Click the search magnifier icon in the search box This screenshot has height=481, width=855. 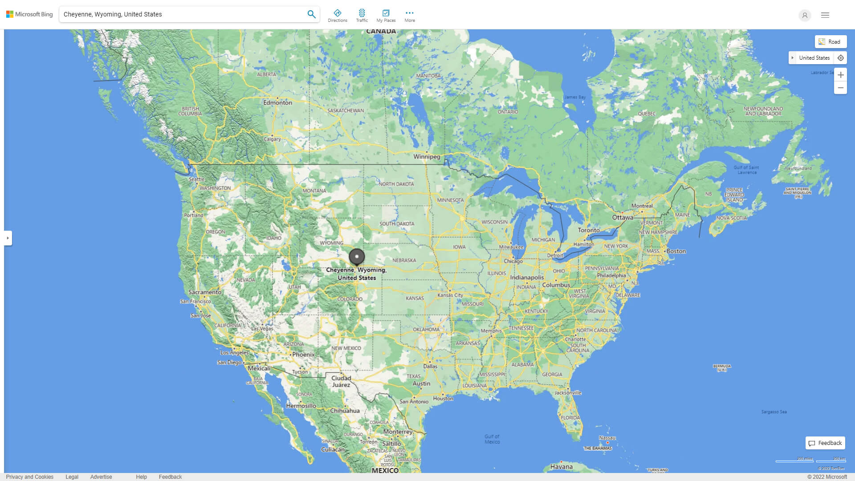tap(311, 14)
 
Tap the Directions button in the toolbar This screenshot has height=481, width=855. tap(338, 16)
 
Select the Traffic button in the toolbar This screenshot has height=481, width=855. tap(362, 16)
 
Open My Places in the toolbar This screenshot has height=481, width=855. tap(386, 16)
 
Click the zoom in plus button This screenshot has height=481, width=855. tap(840, 75)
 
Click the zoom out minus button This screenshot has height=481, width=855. tap(840, 88)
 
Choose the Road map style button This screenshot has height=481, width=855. tap(831, 42)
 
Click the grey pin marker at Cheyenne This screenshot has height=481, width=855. tap(357, 257)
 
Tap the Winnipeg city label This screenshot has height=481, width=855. tap(426, 157)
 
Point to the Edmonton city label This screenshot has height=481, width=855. tap(277, 102)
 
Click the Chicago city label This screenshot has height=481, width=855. tap(513, 261)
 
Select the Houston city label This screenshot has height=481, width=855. tap(443, 399)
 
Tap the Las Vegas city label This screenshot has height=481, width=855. tap(262, 329)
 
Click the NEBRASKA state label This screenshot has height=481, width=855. tap(404, 261)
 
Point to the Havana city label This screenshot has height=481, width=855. tap(561, 467)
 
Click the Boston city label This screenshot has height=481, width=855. tap(676, 251)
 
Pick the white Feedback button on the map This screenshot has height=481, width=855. tap(825, 443)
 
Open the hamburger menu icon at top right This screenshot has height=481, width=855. tap(825, 15)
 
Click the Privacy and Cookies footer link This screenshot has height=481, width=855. tap(30, 477)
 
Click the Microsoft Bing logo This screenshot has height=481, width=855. tap(29, 14)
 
